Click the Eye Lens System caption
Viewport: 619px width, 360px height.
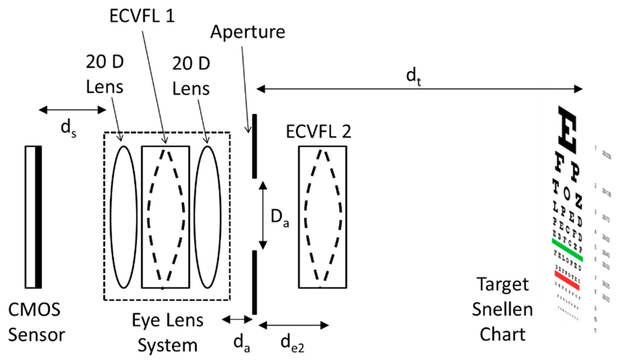point(168,332)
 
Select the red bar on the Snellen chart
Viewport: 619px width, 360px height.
point(566,280)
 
